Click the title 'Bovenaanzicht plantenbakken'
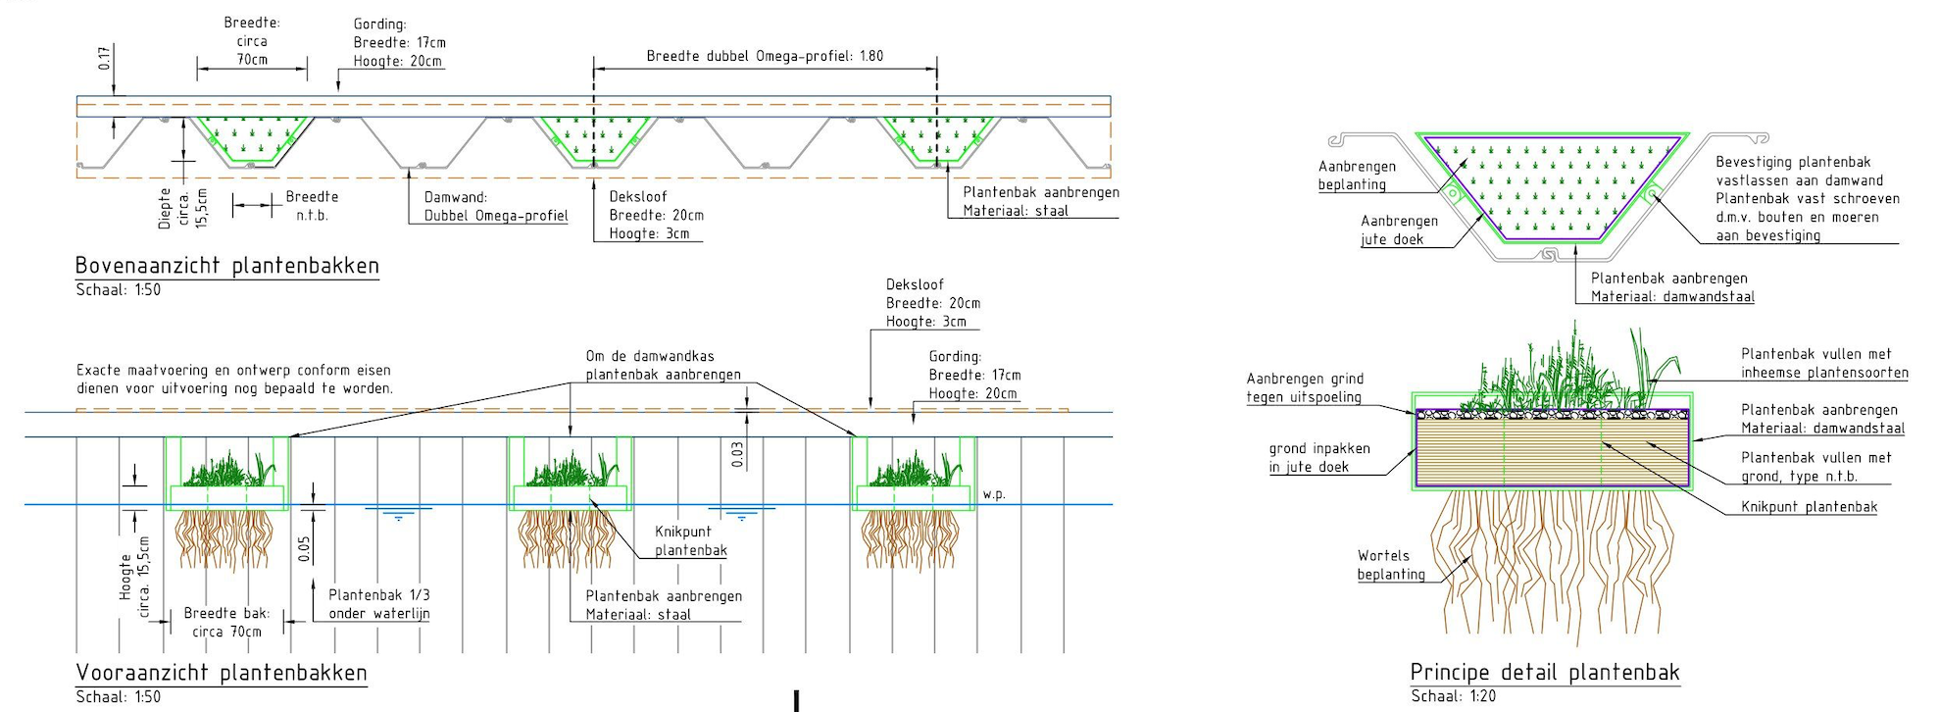coord(226,266)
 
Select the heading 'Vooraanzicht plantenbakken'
coord(222,673)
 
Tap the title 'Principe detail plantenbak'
coord(1544,673)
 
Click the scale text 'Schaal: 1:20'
coord(1453,696)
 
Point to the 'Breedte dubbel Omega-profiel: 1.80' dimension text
coord(765,56)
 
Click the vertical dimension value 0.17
coord(104,59)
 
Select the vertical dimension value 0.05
coord(305,549)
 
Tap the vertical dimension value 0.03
coord(737,454)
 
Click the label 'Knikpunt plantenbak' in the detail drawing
coord(1809,507)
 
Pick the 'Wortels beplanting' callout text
coord(1390,565)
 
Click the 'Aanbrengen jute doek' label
coord(1398,229)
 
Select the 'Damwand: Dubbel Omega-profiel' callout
coord(495,206)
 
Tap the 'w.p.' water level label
coord(994,494)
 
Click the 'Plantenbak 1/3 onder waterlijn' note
coord(378,604)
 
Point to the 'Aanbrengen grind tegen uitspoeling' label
coord(1304,387)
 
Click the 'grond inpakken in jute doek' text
coord(1318,457)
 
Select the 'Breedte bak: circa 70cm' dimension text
coord(226,622)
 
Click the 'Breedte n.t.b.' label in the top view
coord(312,205)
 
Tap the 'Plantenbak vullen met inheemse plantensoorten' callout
coord(1823,363)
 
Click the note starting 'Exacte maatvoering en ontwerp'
coord(234,379)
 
